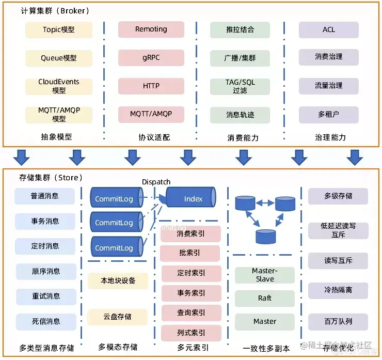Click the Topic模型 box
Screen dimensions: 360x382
click(x=59, y=29)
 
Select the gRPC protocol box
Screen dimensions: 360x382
click(x=151, y=57)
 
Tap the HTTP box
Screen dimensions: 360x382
click(x=151, y=86)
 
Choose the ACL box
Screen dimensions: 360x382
click(x=329, y=29)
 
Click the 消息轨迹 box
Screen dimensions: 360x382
click(x=240, y=114)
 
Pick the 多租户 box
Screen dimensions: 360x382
click(x=329, y=114)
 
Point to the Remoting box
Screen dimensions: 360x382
click(x=151, y=29)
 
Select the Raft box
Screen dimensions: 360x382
click(x=264, y=298)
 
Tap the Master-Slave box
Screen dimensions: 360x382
click(x=264, y=275)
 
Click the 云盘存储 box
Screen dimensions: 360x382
click(x=117, y=317)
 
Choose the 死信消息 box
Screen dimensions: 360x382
click(x=45, y=321)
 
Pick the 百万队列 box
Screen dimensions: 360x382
click(x=338, y=321)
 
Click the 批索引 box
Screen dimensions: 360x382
click(x=190, y=253)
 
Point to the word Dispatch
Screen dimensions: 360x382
click(x=156, y=182)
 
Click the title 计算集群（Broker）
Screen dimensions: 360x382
click(x=55, y=11)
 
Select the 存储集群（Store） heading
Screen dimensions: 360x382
click(x=51, y=178)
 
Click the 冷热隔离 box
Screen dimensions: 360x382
click(x=338, y=290)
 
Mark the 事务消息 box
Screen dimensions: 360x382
click(x=45, y=221)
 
